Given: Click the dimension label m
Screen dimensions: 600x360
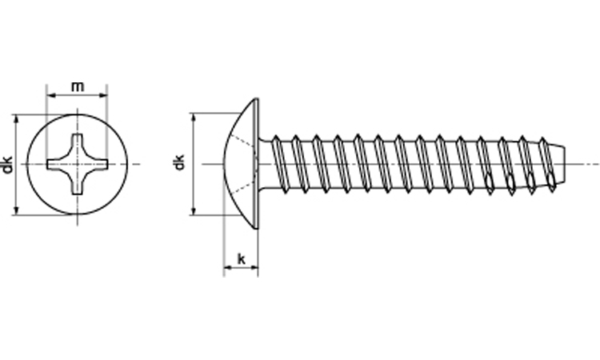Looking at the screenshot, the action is (78, 87).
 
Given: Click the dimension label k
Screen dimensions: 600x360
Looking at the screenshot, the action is (242, 259).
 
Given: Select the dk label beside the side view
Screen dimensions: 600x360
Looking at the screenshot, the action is (178, 162).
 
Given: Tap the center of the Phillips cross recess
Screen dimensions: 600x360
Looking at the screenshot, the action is (78, 164).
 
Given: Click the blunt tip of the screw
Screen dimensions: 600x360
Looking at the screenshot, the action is (564, 164).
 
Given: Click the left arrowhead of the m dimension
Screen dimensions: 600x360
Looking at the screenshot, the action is (50, 95).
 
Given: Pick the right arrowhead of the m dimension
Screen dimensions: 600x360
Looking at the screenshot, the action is (103, 95).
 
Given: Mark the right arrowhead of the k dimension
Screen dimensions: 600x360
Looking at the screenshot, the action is (254, 268).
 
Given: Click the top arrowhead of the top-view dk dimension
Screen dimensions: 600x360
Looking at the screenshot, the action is (16, 119).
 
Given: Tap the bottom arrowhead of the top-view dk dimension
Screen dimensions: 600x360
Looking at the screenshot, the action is (16, 210).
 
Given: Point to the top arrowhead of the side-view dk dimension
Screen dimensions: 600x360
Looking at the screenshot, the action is (194, 118).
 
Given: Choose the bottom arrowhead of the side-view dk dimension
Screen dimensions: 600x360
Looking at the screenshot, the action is (194, 210).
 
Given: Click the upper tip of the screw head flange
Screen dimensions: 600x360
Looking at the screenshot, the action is (257, 99).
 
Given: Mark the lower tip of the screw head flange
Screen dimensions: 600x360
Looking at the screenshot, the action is (257, 228).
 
